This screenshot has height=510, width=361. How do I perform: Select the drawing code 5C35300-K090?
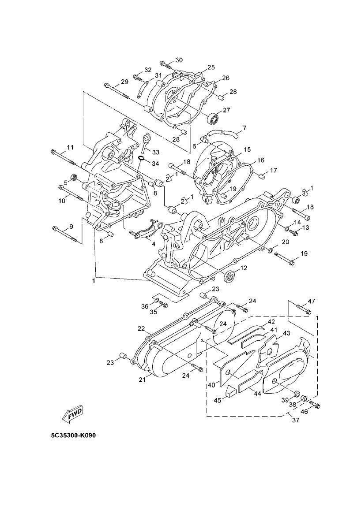73,436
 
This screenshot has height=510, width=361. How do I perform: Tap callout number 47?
312,302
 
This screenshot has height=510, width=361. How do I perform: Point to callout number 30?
179,60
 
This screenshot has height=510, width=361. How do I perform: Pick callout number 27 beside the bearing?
227,110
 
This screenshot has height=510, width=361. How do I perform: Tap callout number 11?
70,147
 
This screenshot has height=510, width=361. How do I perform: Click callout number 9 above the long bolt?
71,227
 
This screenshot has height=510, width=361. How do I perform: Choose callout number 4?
153,243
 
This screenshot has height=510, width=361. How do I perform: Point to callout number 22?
141,329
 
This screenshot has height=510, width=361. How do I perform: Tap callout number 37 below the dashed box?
295,420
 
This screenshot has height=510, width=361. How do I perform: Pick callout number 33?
156,152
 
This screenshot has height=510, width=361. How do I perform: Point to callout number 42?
271,322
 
